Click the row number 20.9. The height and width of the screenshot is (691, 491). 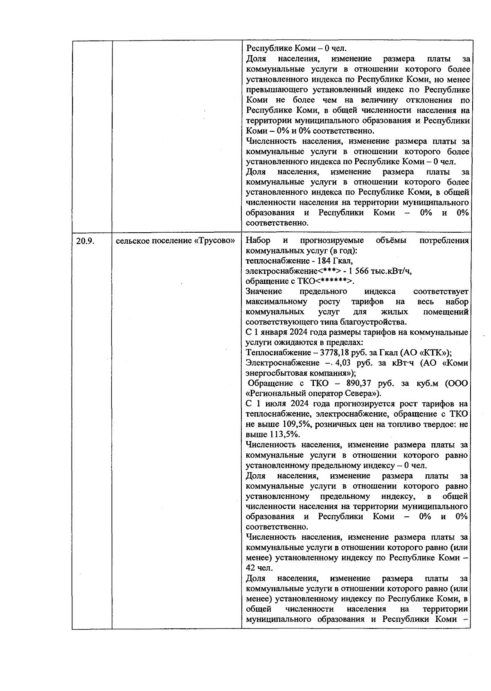85,241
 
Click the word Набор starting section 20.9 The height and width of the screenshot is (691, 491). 258,240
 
